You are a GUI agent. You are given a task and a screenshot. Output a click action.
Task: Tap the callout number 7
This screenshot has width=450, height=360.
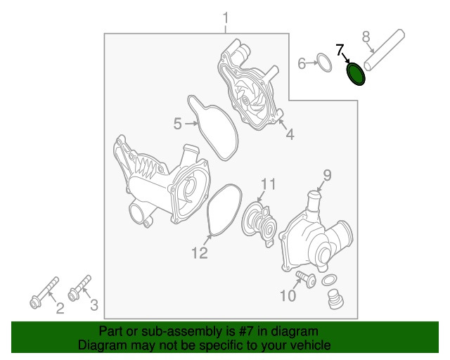point(340,50)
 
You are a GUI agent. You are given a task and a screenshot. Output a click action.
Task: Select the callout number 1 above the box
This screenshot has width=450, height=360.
point(226,18)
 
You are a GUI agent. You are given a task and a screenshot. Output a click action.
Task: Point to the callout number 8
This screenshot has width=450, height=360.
point(366,37)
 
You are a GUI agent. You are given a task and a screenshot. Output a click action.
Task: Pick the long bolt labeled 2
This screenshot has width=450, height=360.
point(44,292)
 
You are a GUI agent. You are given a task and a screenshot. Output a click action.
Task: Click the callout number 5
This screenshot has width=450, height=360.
point(178,124)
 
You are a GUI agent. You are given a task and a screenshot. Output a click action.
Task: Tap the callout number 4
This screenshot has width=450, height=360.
point(290,134)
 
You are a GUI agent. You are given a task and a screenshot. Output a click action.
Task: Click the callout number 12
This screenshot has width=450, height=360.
point(200,253)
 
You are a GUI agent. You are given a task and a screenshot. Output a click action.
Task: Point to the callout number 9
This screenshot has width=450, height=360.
point(328,175)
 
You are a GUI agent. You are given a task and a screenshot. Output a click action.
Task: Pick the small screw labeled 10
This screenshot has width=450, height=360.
point(306,279)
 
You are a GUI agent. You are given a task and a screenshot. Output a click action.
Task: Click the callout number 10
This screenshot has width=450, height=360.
point(288,295)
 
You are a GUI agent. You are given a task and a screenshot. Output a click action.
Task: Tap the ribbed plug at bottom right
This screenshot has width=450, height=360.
point(336,300)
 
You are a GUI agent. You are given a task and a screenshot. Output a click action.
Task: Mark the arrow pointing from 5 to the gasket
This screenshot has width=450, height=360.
point(192,124)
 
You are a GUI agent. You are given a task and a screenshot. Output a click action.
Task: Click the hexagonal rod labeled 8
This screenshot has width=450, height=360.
point(385,51)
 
